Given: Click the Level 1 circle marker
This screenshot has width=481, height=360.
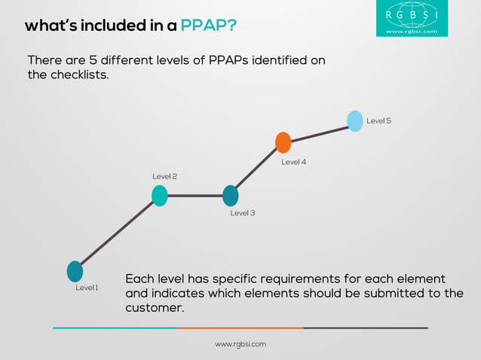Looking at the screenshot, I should pos(75,271).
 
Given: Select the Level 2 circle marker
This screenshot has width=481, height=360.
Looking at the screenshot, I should pos(159,196).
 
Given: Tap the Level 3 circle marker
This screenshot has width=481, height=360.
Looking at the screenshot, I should pos(231,196).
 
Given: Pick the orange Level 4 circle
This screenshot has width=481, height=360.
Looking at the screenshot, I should pos(283,142).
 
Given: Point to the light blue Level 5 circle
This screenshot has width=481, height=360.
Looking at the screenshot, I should pos(355,121).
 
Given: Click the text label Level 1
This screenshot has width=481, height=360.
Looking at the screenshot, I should pos(87,288).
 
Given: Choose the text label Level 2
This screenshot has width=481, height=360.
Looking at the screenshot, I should pos(164,176).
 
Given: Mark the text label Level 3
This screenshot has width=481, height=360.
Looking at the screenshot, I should pos(242,213).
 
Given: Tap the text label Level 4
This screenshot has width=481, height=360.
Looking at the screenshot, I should pos(293,162).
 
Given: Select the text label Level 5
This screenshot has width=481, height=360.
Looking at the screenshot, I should pos(378,121).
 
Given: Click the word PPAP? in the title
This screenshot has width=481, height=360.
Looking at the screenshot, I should pos(209,26).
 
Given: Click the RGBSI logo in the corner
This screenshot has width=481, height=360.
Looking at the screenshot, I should pos(412,18).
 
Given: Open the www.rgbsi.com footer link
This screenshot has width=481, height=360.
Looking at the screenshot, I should pos(240,344).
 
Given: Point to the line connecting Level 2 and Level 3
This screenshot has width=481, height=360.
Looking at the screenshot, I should pos(195,196).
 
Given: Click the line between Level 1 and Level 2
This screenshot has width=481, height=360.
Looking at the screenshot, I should pos(117,233).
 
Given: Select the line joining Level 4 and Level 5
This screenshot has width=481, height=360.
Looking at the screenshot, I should pos(319,132).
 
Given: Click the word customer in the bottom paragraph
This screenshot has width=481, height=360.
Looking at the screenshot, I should pos(153,308).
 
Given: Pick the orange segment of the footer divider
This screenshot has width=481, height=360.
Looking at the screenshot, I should pos(240,328).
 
